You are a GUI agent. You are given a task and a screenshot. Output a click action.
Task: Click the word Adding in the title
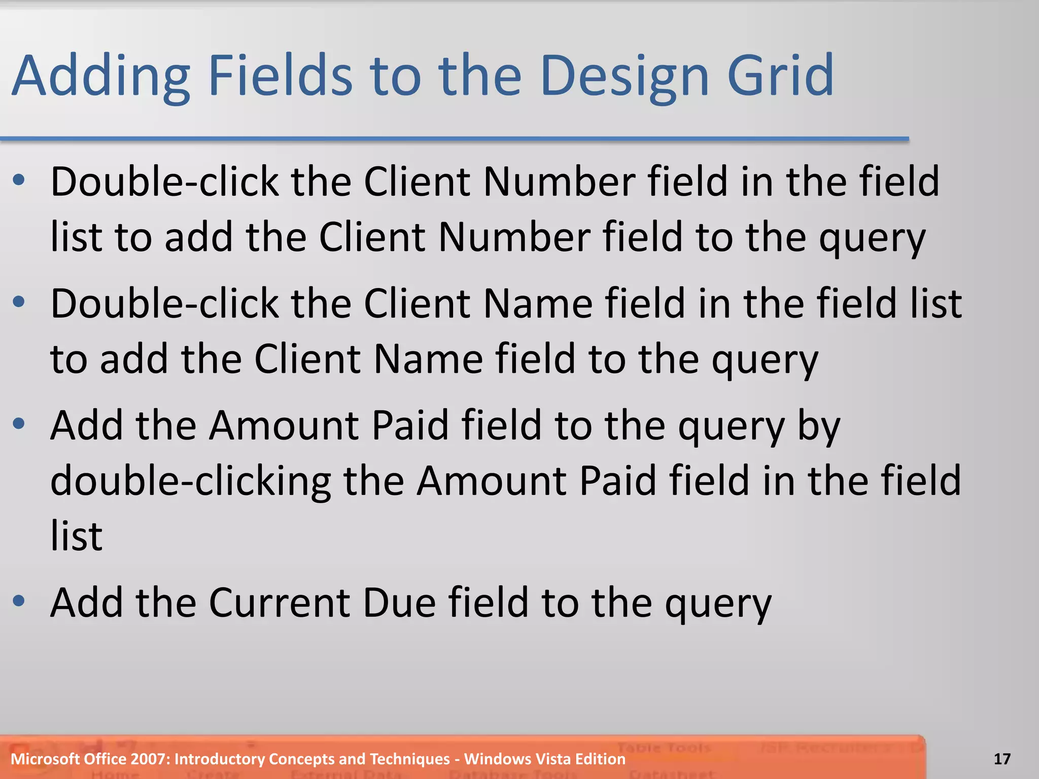coord(101,76)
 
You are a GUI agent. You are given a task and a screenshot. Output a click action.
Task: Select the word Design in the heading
coord(625,76)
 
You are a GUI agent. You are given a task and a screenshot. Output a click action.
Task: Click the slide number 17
coord(1002,759)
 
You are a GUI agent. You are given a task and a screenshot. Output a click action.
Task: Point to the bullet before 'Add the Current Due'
coord(19,601)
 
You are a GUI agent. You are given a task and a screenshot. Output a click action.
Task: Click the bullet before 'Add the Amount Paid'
coord(19,424)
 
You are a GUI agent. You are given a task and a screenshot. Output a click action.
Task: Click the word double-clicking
coord(191,481)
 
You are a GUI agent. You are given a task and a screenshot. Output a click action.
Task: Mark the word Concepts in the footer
coord(301,759)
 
